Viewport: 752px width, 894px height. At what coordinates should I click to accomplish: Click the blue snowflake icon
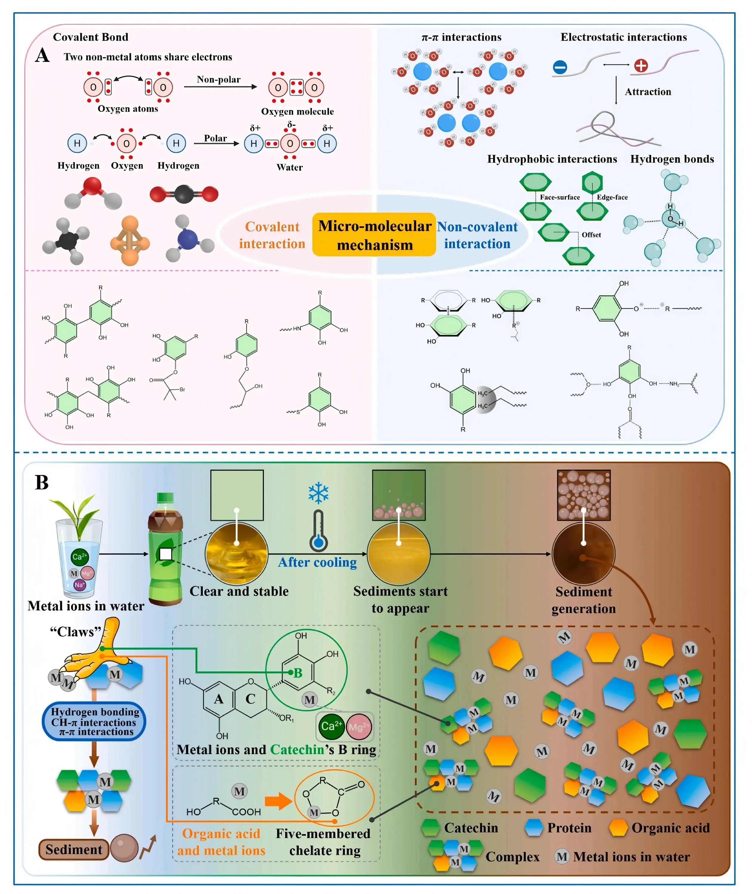[319, 493]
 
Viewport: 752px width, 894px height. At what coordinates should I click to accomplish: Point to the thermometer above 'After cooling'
[319, 531]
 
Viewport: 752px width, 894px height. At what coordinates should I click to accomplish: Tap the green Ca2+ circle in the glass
[80, 557]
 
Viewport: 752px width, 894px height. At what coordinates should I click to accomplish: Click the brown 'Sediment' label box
[74, 849]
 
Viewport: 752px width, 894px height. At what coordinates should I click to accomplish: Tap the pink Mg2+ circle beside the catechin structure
[359, 727]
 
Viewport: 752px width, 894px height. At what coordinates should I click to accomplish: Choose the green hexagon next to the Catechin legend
[430, 828]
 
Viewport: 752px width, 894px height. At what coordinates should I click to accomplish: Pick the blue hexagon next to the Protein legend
[534, 828]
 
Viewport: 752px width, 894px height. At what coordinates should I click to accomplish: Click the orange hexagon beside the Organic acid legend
[618, 828]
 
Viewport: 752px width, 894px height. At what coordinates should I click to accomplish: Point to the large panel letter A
[42, 55]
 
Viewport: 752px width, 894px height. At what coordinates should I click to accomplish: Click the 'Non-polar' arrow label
[218, 80]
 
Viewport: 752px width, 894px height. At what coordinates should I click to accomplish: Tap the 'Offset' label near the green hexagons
[591, 235]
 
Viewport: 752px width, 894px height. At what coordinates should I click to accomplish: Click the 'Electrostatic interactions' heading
[623, 38]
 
